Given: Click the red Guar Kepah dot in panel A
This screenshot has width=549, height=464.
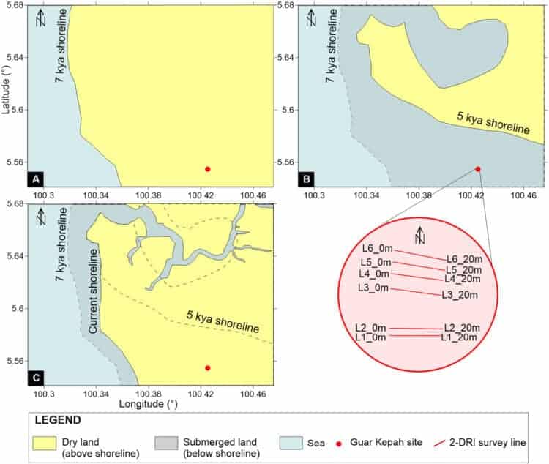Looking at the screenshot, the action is [208, 169].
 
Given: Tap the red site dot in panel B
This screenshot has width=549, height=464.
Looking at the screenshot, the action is [478, 169].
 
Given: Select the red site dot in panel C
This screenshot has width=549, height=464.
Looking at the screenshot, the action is [208, 367].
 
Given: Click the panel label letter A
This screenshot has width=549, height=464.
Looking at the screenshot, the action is [34, 179].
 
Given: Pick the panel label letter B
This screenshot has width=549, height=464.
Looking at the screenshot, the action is [306, 179].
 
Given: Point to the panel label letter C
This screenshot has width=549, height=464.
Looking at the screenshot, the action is [34, 377].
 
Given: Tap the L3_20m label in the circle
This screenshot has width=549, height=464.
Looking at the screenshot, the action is [459, 295].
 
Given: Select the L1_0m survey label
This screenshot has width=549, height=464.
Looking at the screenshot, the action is [370, 337].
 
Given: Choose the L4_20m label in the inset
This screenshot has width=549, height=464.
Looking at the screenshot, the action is [462, 279].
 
